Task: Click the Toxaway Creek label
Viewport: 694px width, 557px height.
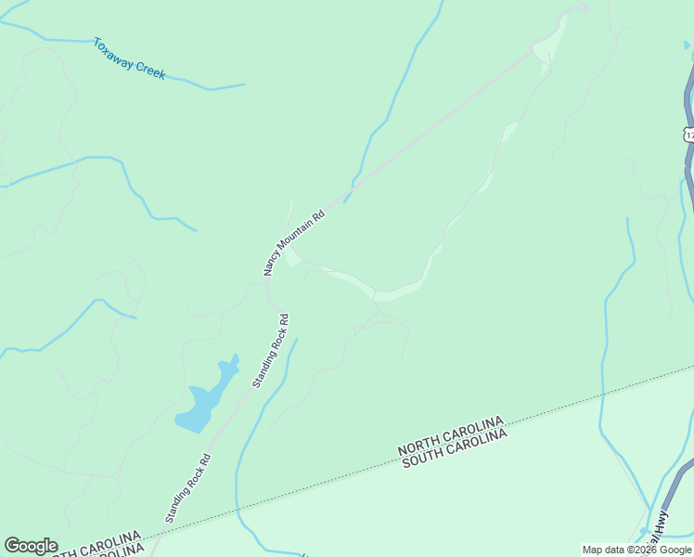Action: point(129,58)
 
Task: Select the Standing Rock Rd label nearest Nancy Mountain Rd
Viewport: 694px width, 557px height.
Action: point(271,349)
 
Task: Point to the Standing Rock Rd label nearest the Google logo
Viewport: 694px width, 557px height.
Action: point(188,487)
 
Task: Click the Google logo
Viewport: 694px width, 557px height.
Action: point(31,546)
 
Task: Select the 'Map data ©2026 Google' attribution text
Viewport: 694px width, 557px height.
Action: point(637,550)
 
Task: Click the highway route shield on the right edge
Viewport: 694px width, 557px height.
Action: point(689,135)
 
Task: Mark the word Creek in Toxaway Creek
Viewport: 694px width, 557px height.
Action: point(150,68)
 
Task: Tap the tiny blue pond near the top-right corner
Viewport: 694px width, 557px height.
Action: point(687,44)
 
